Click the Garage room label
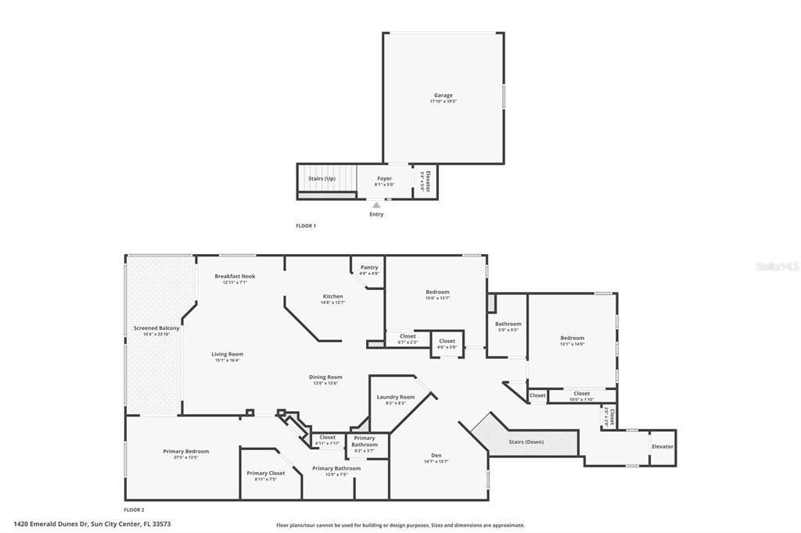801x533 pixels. point(444,95)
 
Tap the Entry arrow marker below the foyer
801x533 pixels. point(376,206)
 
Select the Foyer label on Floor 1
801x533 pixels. point(384,178)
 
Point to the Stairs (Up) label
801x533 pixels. point(321,178)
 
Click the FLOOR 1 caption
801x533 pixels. point(305,226)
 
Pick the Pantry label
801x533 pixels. point(369,267)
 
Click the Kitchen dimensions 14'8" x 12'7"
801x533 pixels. point(333,302)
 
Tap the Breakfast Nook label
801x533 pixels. point(235,276)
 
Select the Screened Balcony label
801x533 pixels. point(156,328)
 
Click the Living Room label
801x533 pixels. point(227,354)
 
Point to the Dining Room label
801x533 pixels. point(325,377)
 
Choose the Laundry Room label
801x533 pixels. point(396,397)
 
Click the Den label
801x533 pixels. point(436,456)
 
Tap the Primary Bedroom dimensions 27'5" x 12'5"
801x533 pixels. point(186,457)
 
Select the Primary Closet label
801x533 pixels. point(266,473)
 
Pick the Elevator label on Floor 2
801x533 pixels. point(662,446)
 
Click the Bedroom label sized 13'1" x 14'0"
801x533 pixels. point(572,338)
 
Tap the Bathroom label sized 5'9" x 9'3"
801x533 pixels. point(508,324)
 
